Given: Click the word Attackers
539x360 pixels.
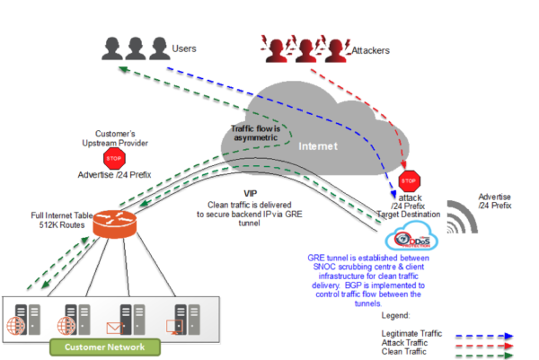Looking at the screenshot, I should pos(368,50).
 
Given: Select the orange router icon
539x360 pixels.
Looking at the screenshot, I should pos(112,224).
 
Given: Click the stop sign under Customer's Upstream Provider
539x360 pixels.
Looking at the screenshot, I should pos(114,159).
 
